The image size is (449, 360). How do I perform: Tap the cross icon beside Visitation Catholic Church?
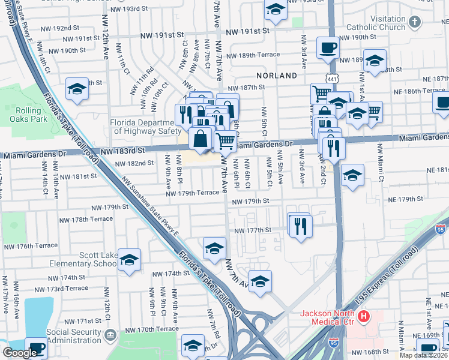pos(414,23)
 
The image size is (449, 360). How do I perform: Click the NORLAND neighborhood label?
pos(276,76)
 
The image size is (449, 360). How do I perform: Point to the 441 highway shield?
pos(333,79)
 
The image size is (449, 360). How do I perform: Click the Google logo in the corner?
pos(20,352)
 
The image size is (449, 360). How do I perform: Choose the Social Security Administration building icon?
pos(110,334)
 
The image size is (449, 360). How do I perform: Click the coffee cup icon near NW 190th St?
pos(328,47)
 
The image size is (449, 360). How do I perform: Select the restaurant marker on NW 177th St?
pos(301,226)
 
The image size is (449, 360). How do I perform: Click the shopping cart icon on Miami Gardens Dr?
pos(225,142)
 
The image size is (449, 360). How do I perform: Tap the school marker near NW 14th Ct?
pos(77,89)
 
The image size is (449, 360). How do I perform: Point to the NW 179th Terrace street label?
pos(193,193)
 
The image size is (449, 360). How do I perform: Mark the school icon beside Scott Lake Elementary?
pos(129,260)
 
